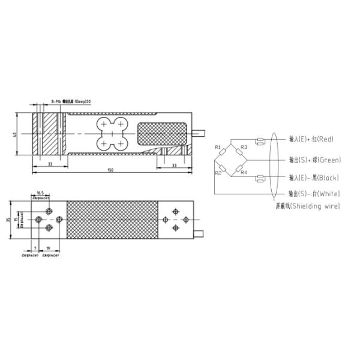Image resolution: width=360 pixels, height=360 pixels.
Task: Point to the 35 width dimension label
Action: pos(8,220)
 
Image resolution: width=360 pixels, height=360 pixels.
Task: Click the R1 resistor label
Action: pos(218,147)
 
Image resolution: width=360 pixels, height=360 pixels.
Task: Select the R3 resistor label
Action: pos(244,147)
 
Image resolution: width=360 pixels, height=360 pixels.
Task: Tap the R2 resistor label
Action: pos(218,173)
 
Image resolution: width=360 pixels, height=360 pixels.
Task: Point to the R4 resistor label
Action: pos(244,173)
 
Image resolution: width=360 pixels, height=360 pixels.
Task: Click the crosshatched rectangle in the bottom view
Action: pos(112,220)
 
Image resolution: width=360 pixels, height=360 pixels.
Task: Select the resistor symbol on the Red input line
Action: pos(260,142)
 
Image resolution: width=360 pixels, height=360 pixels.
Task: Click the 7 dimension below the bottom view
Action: pos(35,247)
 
